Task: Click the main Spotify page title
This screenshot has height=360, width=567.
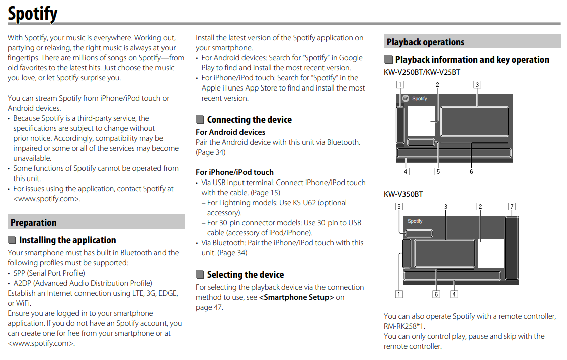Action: (33, 14)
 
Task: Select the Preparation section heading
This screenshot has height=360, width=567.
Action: (33, 222)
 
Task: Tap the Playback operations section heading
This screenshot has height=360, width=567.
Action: (425, 42)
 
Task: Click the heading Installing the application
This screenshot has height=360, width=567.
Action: (67, 240)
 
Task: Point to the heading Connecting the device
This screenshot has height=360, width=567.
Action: (249, 120)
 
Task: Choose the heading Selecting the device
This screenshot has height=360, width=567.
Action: (246, 275)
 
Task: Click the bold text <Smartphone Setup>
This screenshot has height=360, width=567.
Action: (296, 297)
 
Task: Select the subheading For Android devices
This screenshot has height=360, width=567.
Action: (230, 132)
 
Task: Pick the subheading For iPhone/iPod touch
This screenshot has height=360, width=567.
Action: (234, 172)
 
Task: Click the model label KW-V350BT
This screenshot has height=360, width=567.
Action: (403, 194)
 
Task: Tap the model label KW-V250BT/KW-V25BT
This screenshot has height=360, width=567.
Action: (422, 72)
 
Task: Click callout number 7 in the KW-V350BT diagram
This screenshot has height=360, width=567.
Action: (512, 206)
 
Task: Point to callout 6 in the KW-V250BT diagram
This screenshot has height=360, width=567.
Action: (471, 171)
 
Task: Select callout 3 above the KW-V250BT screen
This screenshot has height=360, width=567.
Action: (477, 84)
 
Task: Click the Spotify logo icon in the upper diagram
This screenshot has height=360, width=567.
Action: (406, 99)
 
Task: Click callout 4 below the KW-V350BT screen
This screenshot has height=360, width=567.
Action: (454, 294)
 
